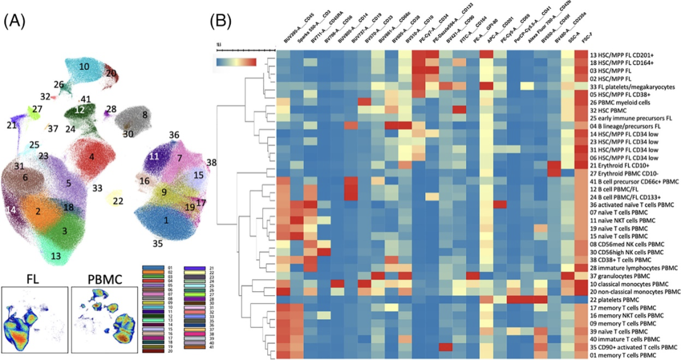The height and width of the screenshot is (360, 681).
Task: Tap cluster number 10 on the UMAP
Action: pyautogui.click(x=84, y=66)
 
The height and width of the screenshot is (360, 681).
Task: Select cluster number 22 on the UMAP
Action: pyautogui.click(x=118, y=201)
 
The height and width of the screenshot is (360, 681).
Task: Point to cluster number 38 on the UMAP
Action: pyautogui.click(x=211, y=163)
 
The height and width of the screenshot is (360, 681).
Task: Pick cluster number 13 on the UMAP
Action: pyautogui.click(x=56, y=255)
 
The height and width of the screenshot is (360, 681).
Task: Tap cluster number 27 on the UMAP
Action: pyautogui.click(x=37, y=110)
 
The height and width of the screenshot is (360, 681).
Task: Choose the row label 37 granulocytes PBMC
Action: pyautogui.click(x=626, y=275)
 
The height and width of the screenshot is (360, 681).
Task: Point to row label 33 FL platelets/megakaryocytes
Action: pyautogui.click(x=636, y=86)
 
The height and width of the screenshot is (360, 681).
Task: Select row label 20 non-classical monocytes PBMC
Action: pyautogui.click(x=637, y=292)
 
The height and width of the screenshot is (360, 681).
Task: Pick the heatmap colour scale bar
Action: pyautogui.click(x=236, y=62)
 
